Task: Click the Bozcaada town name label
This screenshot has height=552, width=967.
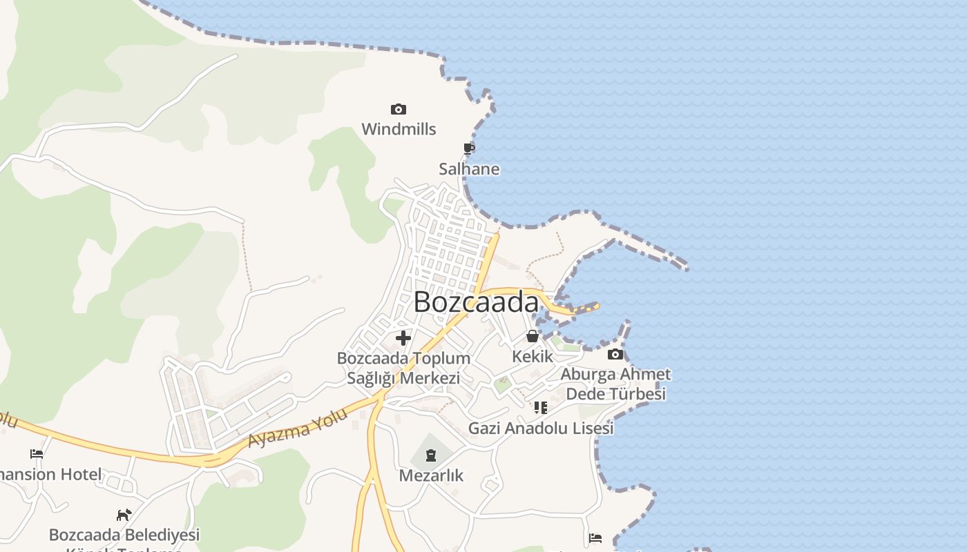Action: (x=476, y=302)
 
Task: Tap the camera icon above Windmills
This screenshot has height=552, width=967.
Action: (x=399, y=109)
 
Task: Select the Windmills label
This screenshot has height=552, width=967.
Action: (x=399, y=129)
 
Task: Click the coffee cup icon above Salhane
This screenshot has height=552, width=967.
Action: (x=469, y=148)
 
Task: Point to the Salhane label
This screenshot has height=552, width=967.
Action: (x=469, y=169)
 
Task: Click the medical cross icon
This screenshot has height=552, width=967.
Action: (x=403, y=338)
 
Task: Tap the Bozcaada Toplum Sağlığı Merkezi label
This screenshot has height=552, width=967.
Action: (x=403, y=368)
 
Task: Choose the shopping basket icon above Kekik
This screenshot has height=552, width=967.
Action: (x=533, y=336)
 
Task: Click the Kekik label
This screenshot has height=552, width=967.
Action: (x=533, y=356)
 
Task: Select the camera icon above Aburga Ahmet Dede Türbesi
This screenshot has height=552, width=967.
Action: (x=615, y=355)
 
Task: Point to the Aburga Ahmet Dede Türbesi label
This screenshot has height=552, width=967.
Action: (x=615, y=384)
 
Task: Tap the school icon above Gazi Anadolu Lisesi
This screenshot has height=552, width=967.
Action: (x=541, y=408)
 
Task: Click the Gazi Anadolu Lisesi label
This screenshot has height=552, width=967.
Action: (x=541, y=428)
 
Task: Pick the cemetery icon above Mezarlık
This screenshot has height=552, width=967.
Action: (x=431, y=455)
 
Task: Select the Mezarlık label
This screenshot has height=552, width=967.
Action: (x=431, y=475)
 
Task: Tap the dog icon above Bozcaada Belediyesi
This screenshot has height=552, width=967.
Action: (x=124, y=515)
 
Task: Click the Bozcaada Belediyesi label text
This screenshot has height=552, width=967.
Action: (x=124, y=535)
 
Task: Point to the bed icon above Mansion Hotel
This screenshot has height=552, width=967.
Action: (x=37, y=454)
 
